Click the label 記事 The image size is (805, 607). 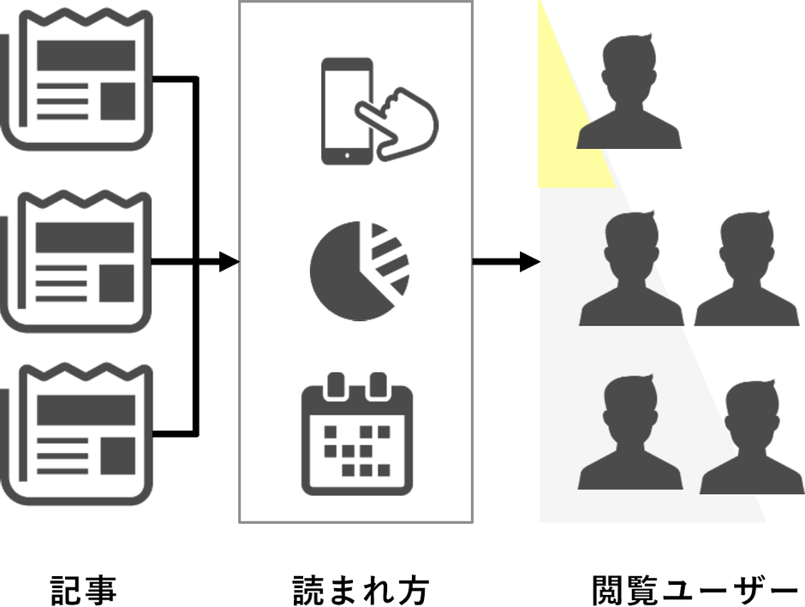tap(83, 590)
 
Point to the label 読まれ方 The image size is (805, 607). tap(360, 590)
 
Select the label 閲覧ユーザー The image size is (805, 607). tap(695, 590)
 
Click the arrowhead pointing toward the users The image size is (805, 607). tap(531, 262)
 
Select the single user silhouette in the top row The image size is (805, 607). tap(629, 94)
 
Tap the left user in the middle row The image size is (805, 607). tap(631, 270)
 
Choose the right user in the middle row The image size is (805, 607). tap(746, 270)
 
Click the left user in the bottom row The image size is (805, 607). tap(631, 437)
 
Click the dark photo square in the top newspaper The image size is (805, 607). tap(118, 102)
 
